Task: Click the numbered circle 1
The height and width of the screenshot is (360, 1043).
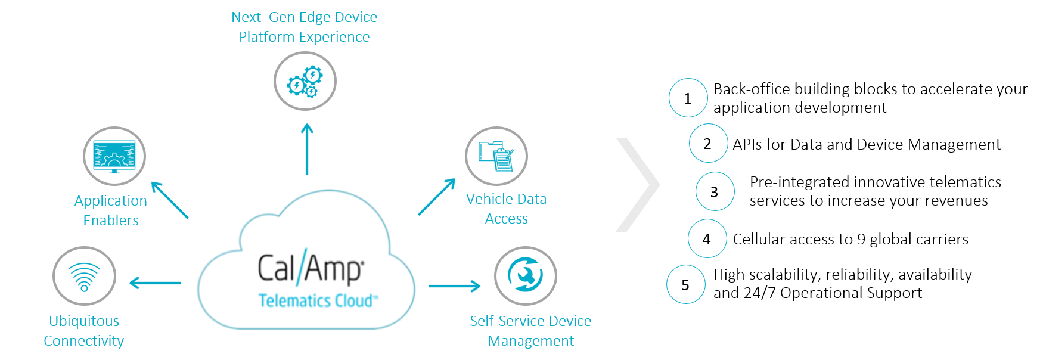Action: [688, 98]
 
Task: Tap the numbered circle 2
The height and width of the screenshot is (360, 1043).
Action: [708, 143]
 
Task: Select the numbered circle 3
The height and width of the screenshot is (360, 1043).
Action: [715, 191]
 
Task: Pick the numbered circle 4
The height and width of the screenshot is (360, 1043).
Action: [707, 238]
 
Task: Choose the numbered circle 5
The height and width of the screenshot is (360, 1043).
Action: [685, 284]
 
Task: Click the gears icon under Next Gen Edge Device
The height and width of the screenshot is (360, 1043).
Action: [305, 81]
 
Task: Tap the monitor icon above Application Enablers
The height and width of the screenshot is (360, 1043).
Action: [114, 156]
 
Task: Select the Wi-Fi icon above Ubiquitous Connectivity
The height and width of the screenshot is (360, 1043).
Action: [84, 276]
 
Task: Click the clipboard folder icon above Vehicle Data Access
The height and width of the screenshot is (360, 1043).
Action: [496, 156]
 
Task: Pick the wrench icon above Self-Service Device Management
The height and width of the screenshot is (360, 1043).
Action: [526, 276]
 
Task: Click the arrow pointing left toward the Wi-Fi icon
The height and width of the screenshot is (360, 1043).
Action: [155, 283]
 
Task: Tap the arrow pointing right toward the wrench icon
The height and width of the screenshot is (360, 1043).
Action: [455, 286]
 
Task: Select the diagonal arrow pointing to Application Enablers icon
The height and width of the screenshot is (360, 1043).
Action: [169, 199]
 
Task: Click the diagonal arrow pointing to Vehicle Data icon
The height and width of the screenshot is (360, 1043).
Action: [437, 197]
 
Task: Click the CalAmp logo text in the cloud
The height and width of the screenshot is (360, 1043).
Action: [311, 268]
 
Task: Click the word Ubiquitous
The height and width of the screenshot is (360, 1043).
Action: [84, 321]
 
